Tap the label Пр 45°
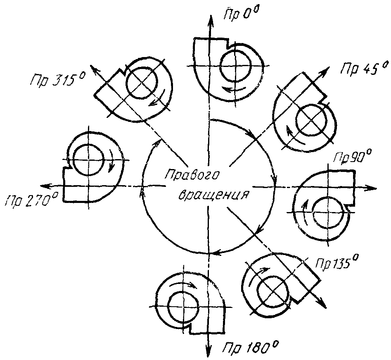click(364, 67)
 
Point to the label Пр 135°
click(337, 262)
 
